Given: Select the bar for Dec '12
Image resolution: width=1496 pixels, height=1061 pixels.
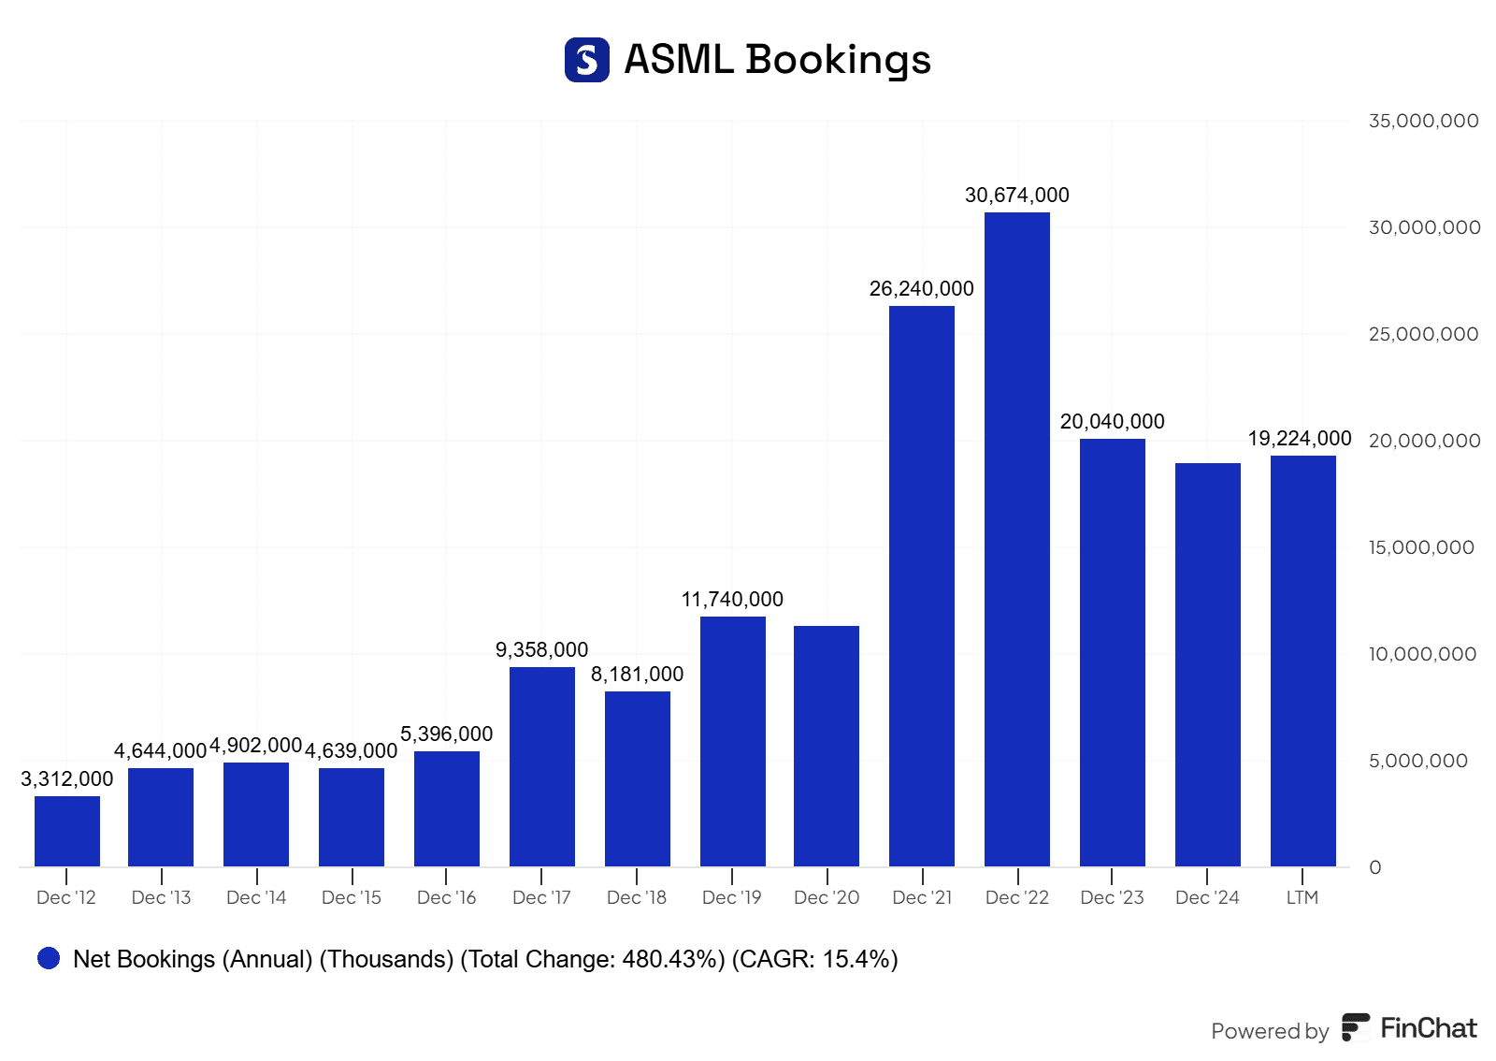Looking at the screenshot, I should [x=66, y=831].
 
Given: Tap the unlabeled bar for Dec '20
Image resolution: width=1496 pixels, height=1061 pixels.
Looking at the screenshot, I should [x=827, y=746].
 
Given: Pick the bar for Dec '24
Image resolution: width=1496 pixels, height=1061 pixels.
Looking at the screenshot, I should [x=1207, y=664].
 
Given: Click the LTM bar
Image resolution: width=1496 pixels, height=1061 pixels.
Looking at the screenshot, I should [x=1302, y=661].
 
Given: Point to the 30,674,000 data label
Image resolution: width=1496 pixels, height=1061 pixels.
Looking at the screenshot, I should [x=1016, y=196].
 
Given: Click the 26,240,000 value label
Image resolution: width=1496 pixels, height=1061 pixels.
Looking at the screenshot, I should [x=921, y=289].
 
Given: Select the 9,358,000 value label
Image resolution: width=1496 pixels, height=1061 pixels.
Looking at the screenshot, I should [x=541, y=650].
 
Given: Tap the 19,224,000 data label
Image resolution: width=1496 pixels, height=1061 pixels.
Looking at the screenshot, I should [x=1299, y=439].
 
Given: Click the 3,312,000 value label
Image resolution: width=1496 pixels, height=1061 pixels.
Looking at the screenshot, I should [x=66, y=779].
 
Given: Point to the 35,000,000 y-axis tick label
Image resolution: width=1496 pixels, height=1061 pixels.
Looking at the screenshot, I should [x=1423, y=121].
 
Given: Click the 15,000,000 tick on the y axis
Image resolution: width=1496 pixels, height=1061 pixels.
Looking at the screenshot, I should [x=1421, y=547].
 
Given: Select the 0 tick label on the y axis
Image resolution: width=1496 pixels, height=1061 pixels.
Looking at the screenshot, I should [x=1374, y=867].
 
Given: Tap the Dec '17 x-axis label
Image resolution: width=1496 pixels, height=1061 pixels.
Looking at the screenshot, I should [x=541, y=897].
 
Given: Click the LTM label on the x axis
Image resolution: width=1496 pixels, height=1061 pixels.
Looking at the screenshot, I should [x=1302, y=897].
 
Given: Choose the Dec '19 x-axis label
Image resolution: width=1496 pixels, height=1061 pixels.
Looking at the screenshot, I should [x=731, y=897].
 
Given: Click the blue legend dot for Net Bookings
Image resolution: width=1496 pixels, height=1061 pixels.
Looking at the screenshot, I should [x=49, y=958].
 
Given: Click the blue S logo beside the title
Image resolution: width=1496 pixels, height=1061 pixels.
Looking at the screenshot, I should [x=587, y=60].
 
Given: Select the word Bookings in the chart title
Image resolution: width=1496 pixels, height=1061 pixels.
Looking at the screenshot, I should [x=838, y=60].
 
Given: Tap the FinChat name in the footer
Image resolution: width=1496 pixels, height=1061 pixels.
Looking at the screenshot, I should [x=1428, y=1028].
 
